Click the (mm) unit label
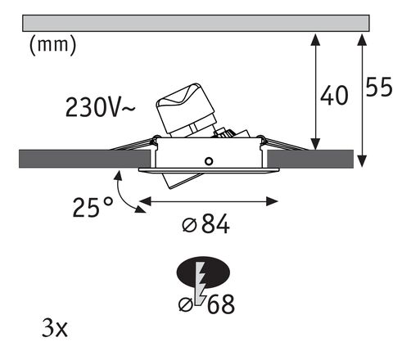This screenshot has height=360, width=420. point(52,46)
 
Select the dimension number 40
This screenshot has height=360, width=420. point(332,96)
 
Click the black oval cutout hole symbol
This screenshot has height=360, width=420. point(201,272)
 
